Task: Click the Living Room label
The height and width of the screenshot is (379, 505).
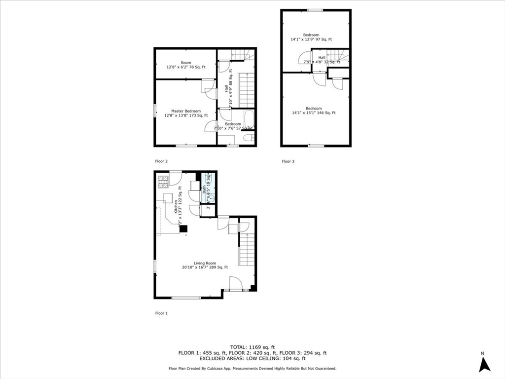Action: (x=205, y=265)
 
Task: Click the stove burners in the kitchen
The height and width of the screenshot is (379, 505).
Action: (x=163, y=182)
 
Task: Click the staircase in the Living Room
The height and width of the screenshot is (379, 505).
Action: (x=246, y=250)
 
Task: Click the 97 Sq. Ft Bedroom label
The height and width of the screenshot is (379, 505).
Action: (x=311, y=37)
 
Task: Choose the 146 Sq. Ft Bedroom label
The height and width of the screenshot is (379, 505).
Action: (x=314, y=111)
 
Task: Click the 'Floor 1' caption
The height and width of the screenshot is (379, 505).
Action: (x=162, y=313)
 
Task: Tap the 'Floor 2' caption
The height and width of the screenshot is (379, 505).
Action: (x=162, y=161)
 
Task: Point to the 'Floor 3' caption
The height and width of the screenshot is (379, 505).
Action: (x=288, y=161)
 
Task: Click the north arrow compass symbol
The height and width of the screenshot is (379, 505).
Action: (x=485, y=364)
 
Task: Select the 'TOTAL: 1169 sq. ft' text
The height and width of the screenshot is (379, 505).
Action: (x=252, y=346)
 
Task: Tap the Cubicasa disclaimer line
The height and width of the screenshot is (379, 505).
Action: (x=252, y=369)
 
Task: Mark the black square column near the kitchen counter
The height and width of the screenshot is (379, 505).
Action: (x=183, y=229)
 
